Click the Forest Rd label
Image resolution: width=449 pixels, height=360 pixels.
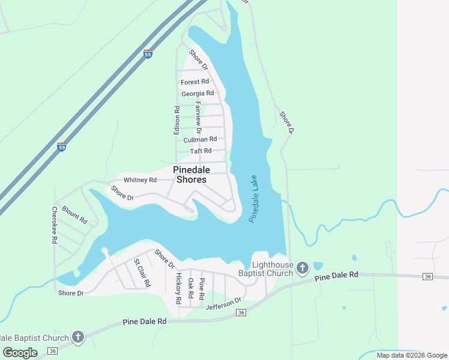[195, 82]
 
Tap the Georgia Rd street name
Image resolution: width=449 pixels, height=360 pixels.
[197, 94]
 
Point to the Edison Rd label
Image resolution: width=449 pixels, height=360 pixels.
[177, 120]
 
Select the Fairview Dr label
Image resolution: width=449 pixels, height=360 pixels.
[199, 117]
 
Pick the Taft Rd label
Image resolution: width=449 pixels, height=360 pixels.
[201, 151]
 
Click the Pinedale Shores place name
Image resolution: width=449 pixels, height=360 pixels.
[190, 175]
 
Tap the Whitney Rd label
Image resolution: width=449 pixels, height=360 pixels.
[140, 180]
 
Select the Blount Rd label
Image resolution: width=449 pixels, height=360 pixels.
[75, 216]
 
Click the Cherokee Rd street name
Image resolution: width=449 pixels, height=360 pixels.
[54, 225]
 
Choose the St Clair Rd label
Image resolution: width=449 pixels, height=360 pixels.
[142, 272]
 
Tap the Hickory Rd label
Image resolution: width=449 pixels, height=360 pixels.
[178, 288]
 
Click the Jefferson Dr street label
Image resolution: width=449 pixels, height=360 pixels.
[223, 304]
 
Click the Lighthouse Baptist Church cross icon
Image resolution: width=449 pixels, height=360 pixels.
[303, 268]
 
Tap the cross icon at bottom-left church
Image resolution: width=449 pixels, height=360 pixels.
[78, 338]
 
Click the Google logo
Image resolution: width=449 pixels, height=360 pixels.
[20, 353]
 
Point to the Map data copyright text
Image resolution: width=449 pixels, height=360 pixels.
[412, 355]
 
